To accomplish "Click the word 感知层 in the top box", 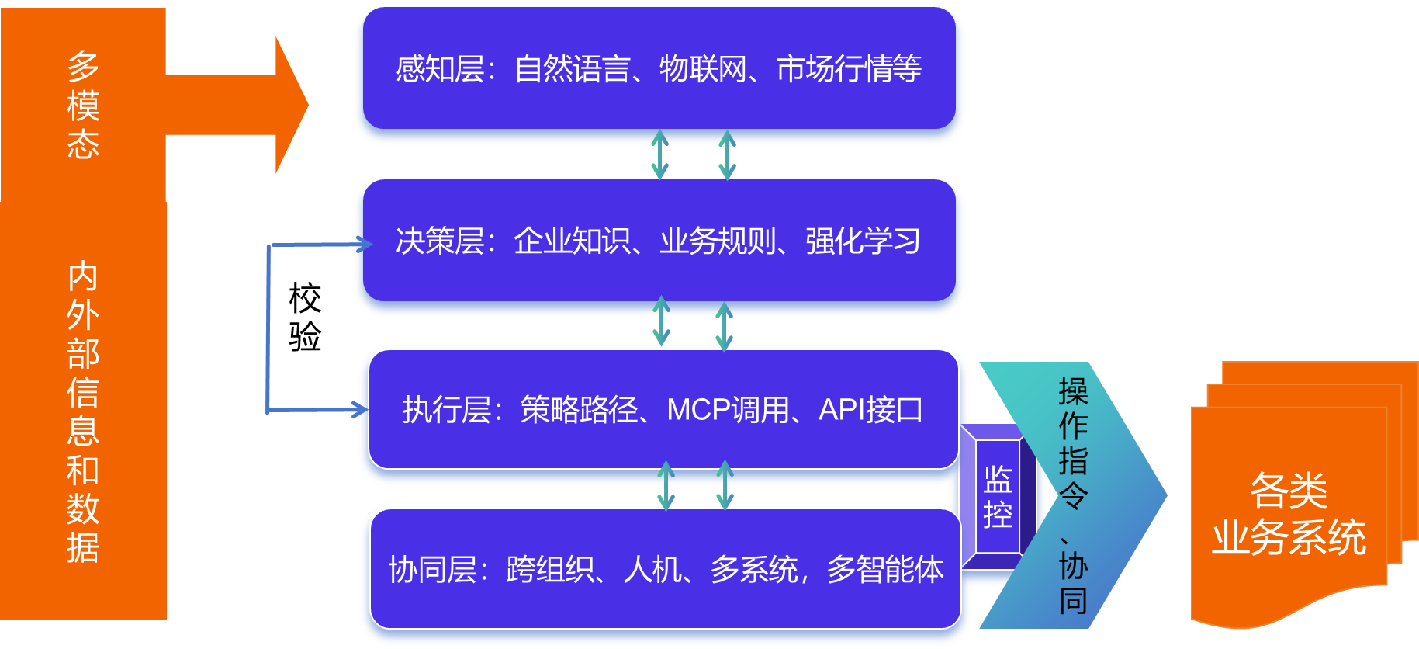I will [x=439, y=69].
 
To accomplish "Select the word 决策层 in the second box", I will [x=439, y=241].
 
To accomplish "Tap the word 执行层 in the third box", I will [x=446, y=409].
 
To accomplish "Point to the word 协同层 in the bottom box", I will [x=432, y=569].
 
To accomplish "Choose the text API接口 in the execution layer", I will [x=870, y=409].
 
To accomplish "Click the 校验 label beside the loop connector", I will [x=305, y=318].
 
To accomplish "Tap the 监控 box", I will [x=998, y=497].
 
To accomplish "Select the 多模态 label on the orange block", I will [x=83, y=106].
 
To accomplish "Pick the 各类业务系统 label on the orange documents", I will [x=1289, y=513].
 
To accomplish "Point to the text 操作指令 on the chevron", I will [x=1073, y=443].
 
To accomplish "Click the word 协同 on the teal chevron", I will [x=1073, y=583].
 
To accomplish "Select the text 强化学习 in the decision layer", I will [x=863, y=241].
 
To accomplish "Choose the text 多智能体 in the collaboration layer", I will [x=885, y=569].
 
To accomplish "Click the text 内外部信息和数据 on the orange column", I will [x=83, y=411].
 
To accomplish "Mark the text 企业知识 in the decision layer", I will [x=572, y=241].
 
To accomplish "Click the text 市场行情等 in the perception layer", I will [x=849, y=69].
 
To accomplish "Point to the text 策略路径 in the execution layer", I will [x=579, y=409].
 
